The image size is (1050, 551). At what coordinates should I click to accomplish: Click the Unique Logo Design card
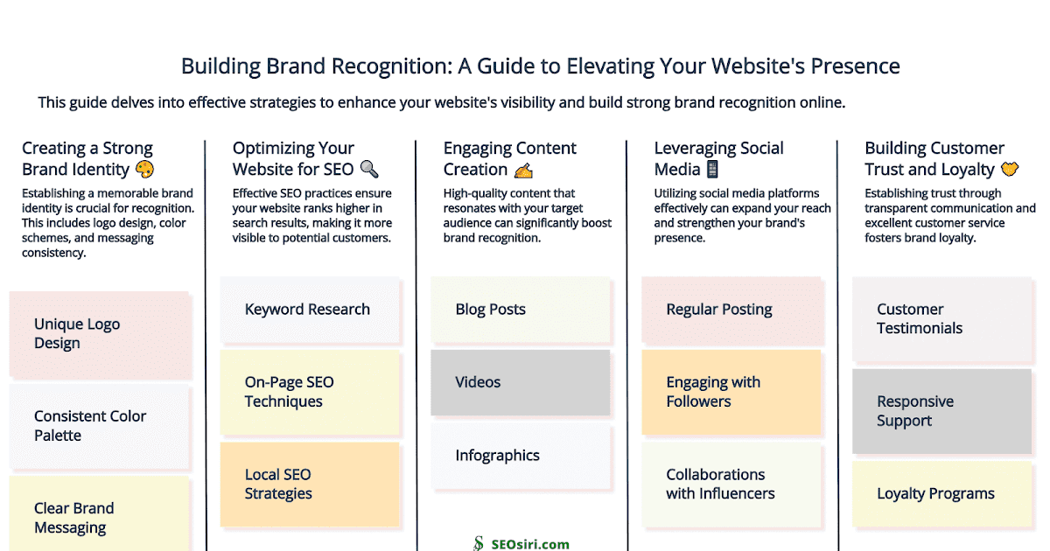[99, 334]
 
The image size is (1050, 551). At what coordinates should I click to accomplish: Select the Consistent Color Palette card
[99, 426]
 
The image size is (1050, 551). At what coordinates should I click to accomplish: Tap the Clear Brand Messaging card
[99, 516]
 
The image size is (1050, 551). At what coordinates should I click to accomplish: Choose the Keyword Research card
[310, 310]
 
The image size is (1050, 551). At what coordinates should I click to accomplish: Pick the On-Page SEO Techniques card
[310, 392]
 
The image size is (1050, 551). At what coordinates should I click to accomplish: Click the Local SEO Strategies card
[310, 484]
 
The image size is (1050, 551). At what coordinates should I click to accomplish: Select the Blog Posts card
[520, 310]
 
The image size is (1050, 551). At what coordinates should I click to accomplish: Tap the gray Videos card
[520, 382]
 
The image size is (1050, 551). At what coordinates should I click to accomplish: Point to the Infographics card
[520, 456]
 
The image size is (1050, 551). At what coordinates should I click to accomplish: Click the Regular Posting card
[731, 310]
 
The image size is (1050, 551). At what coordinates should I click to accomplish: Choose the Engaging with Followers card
[731, 392]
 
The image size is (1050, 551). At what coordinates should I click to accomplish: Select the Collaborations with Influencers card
[731, 484]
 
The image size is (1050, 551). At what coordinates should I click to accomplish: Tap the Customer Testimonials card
[941, 319]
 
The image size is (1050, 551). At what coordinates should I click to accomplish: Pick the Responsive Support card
[941, 411]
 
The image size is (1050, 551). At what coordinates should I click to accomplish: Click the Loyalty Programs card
[941, 494]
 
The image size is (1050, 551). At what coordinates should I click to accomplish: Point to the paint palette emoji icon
[144, 170]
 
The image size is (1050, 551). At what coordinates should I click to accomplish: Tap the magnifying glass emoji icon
[369, 170]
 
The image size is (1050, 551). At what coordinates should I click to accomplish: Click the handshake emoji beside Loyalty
[1010, 170]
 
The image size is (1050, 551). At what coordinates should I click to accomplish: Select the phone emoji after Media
[711, 170]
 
